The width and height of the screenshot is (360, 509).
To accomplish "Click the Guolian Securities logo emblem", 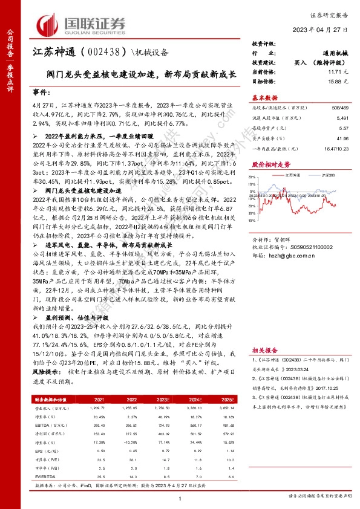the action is [49, 25].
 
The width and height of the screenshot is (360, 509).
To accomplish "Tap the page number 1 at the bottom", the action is [180, 498].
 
